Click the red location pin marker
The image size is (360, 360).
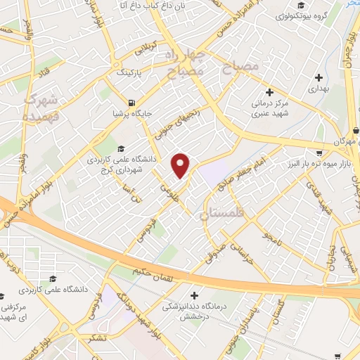[x=181, y=165]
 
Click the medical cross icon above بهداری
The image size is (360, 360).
[x=319, y=77]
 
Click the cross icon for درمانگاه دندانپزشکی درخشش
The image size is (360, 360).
[x=195, y=295]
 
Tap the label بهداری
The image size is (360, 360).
[x=319, y=90]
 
